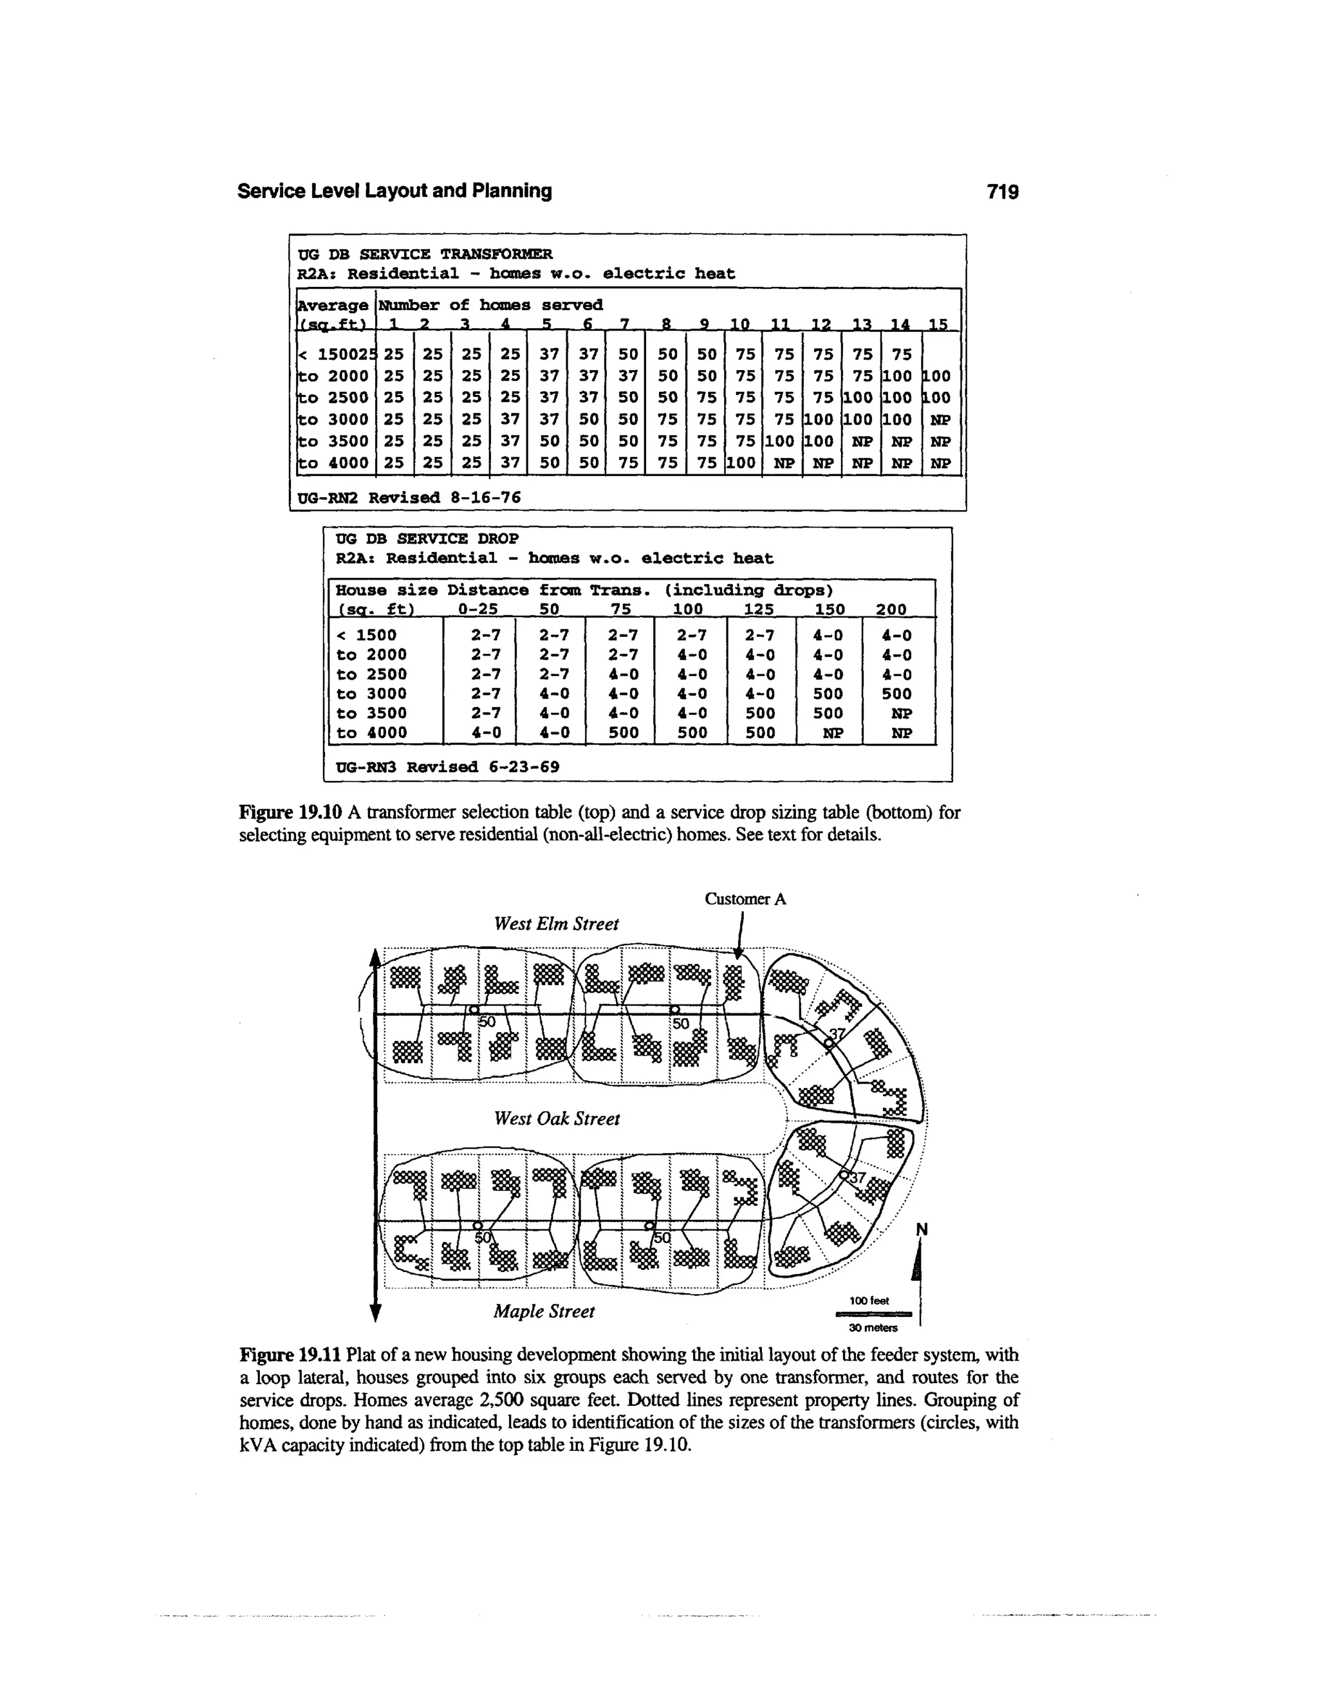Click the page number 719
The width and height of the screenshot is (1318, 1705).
[x=1003, y=191]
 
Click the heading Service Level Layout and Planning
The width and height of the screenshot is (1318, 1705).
[x=394, y=191]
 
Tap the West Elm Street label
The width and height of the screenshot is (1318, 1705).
[x=556, y=925]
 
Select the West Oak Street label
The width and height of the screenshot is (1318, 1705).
[x=557, y=1119]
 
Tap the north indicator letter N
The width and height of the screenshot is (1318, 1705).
[x=922, y=1230]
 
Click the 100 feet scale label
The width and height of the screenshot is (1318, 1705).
[x=869, y=1300]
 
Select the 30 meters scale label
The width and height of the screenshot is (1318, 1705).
[x=872, y=1328]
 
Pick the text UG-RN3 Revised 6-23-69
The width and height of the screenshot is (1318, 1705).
[x=447, y=767]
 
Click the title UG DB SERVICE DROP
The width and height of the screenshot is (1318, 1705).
[x=426, y=539]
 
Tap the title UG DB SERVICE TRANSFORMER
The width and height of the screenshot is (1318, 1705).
[x=425, y=253]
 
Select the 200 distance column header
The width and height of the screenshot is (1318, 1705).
[x=891, y=609]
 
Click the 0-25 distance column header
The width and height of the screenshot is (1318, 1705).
[x=478, y=609]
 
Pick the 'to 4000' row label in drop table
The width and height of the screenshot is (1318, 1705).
[x=372, y=733]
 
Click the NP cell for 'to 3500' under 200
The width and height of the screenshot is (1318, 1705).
[x=901, y=714]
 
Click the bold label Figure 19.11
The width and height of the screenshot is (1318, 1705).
[x=289, y=1354]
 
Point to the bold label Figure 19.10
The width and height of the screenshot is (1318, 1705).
[x=289, y=813]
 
